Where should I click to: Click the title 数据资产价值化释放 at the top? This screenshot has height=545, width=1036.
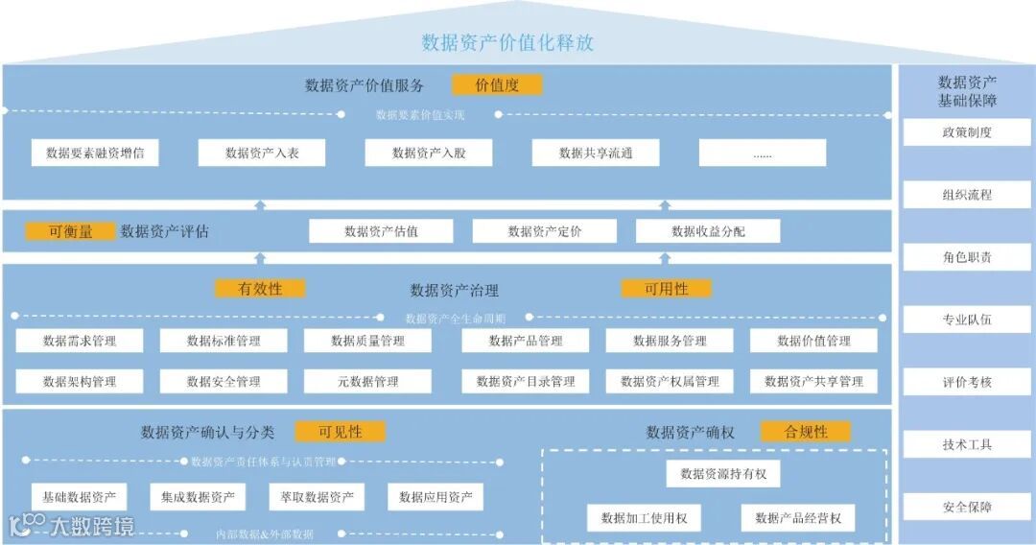point(507,42)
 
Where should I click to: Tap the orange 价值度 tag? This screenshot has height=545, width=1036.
point(497,84)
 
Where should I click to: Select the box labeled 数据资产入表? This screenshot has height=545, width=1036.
point(262,153)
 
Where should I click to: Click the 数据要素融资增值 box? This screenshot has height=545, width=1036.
point(95,153)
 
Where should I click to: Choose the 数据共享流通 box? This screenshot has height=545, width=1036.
point(596,153)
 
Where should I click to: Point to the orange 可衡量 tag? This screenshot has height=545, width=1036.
point(70,231)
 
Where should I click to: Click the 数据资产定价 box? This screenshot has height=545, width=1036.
point(545,231)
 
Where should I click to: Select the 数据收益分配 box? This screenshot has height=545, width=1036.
point(708,231)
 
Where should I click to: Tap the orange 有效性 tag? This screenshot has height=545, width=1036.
point(260,289)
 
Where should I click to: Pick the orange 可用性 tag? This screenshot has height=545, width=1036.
point(666,289)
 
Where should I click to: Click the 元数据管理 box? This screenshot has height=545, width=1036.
point(367,381)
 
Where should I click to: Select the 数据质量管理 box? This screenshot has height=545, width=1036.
point(367,341)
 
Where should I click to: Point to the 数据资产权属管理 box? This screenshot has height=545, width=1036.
point(670,381)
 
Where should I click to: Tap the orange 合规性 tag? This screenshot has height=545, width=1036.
point(806,432)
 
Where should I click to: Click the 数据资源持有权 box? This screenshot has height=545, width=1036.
point(723,474)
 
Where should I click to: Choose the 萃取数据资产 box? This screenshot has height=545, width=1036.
point(317,497)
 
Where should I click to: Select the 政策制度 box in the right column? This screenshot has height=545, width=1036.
point(967,132)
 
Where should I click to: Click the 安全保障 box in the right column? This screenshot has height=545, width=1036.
point(967,507)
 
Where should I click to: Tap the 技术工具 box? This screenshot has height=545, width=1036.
point(967,444)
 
